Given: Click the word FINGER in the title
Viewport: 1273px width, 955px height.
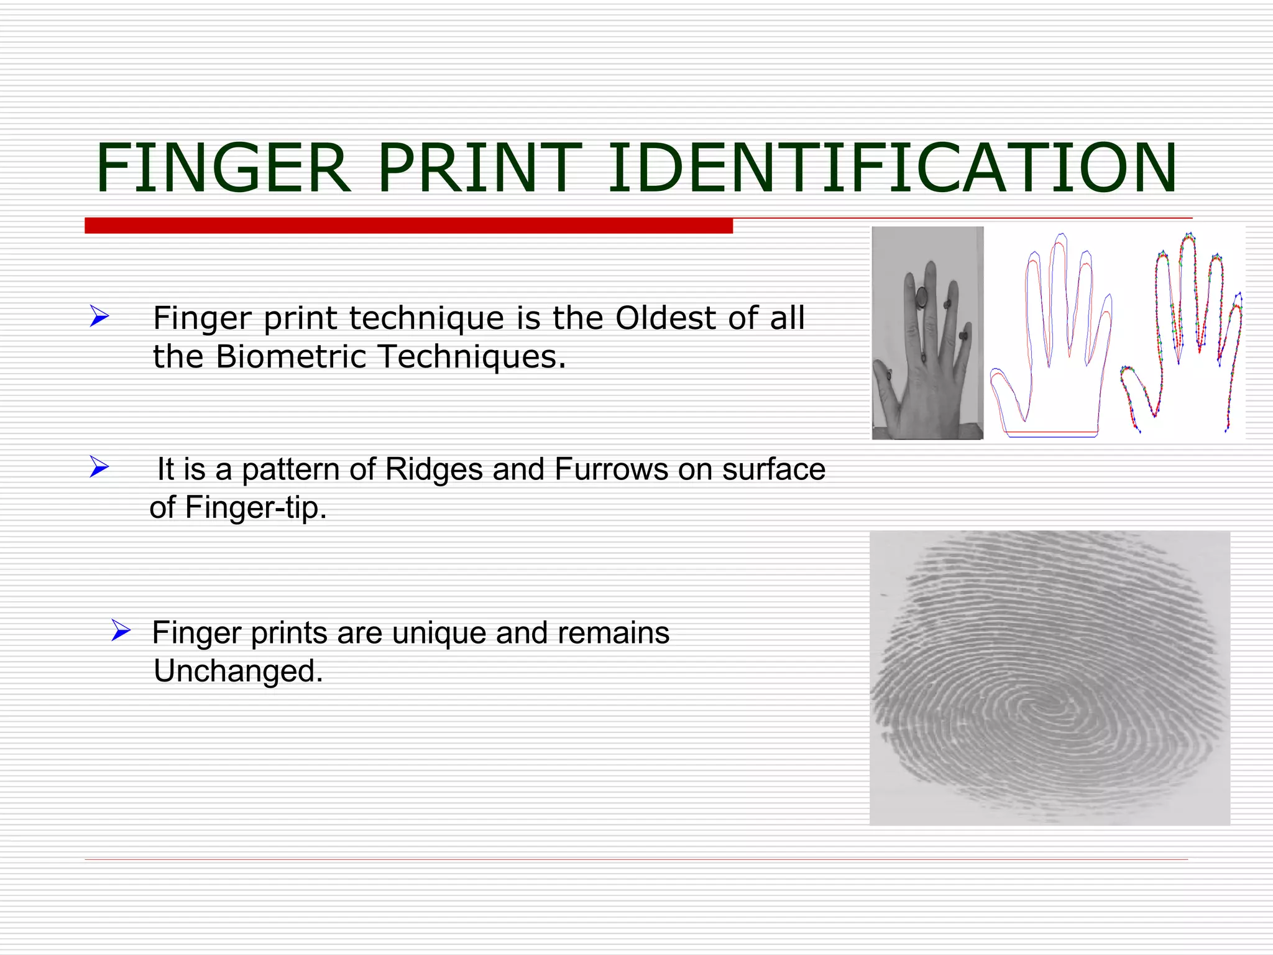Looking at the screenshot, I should click(223, 168).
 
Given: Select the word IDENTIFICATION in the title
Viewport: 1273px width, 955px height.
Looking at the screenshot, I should click(891, 168).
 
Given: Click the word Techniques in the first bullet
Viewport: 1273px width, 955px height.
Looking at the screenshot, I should click(471, 357).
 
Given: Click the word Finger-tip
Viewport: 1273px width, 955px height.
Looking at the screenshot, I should click(255, 508).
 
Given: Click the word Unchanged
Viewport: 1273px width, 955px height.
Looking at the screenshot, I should click(238, 671).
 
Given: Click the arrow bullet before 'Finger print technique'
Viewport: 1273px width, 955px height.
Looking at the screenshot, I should click(99, 316).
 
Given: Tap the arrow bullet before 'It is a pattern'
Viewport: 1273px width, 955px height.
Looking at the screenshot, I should click(99, 466).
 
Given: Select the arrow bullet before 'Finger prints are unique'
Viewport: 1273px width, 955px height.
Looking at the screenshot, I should click(121, 630).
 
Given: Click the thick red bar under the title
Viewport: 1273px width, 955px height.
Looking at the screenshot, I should click(408, 226).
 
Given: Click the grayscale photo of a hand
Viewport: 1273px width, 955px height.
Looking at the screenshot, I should click(927, 333).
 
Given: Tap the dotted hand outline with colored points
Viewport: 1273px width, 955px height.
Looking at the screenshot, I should click(1181, 333).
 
